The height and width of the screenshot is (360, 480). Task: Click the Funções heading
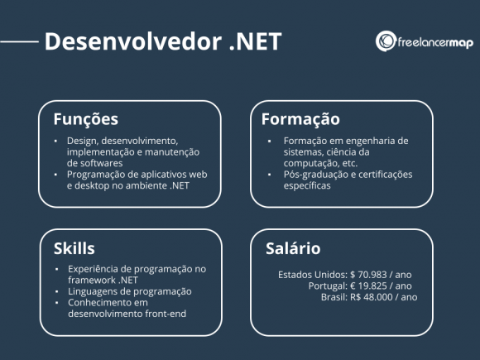click(x=85, y=119)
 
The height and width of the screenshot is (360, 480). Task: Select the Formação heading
click(x=300, y=119)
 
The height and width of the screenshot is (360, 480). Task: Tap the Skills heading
click(x=74, y=248)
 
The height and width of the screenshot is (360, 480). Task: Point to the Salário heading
click(x=292, y=248)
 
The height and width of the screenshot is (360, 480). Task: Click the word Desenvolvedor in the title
click(x=129, y=41)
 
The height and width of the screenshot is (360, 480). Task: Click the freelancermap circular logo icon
click(x=385, y=41)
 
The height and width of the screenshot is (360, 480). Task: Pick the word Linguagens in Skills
click(x=94, y=291)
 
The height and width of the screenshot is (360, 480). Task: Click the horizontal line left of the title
click(x=20, y=41)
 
